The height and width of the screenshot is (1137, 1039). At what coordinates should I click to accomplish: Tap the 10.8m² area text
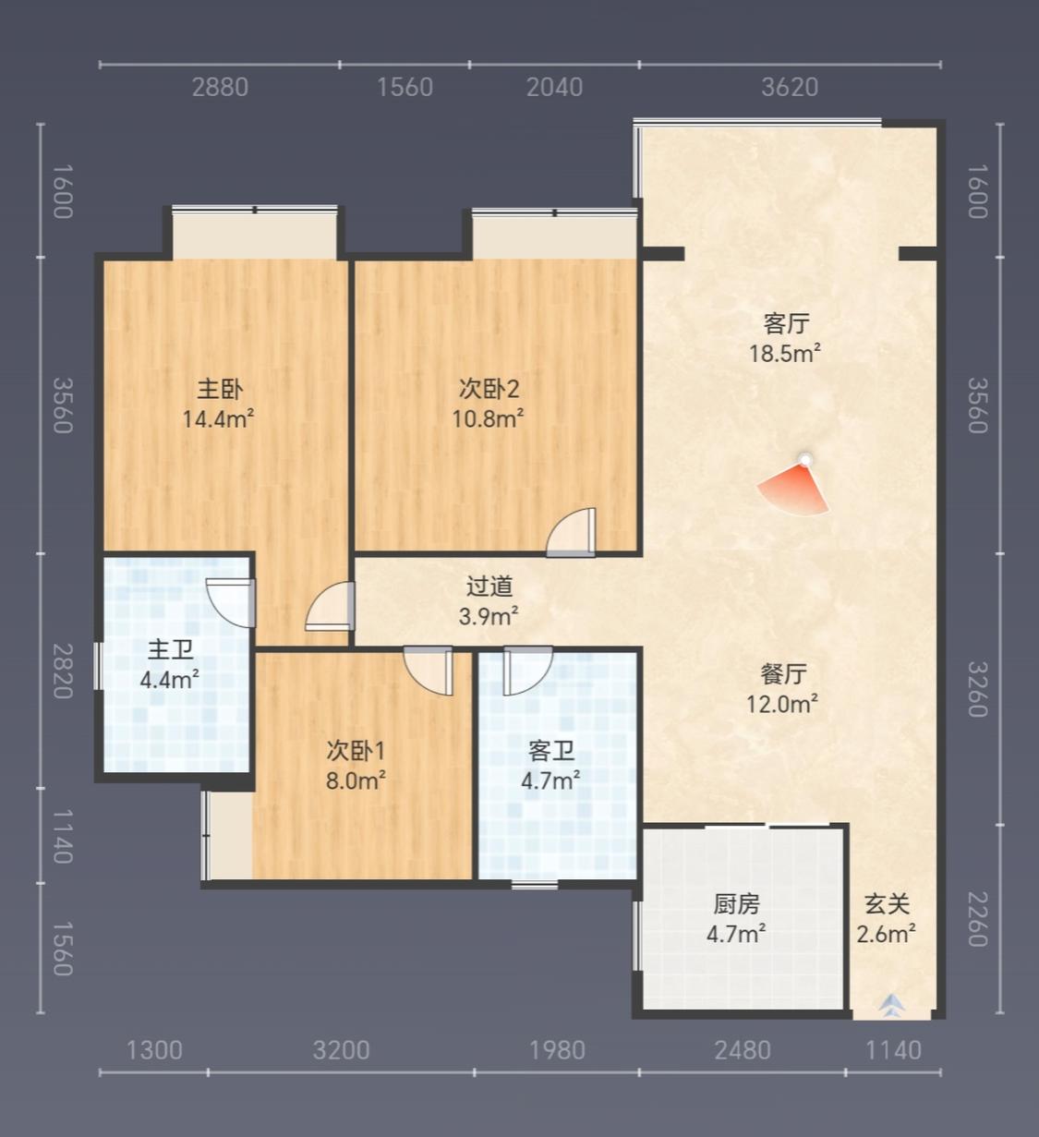coord(488,419)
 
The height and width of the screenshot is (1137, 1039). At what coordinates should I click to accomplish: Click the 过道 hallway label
coord(489,587)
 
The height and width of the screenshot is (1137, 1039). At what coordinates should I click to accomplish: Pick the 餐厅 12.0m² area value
coord(782,705)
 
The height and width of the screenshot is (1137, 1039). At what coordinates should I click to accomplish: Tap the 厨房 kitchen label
coord(736,904)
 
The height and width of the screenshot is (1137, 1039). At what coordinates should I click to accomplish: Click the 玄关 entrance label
coord(887,904)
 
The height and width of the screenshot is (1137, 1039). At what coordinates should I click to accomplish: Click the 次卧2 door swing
coord(572,532)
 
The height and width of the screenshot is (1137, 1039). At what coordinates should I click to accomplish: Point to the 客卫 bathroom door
coord(528,671)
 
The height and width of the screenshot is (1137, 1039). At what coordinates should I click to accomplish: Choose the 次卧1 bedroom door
coord(429,671)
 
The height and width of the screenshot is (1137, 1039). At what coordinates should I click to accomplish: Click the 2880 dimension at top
coord(220,88)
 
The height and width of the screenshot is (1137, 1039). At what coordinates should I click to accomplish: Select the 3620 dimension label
coord(790,88)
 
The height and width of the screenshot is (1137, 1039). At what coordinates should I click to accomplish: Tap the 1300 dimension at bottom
coord(154,1051)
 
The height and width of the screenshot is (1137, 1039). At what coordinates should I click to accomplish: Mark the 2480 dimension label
coord(743,1051)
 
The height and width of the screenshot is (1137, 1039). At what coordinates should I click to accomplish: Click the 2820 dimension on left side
coord(63,671)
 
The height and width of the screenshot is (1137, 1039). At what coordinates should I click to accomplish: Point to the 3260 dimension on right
coord(977,689)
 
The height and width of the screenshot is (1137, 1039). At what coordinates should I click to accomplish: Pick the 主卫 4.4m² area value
coord(170,679)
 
